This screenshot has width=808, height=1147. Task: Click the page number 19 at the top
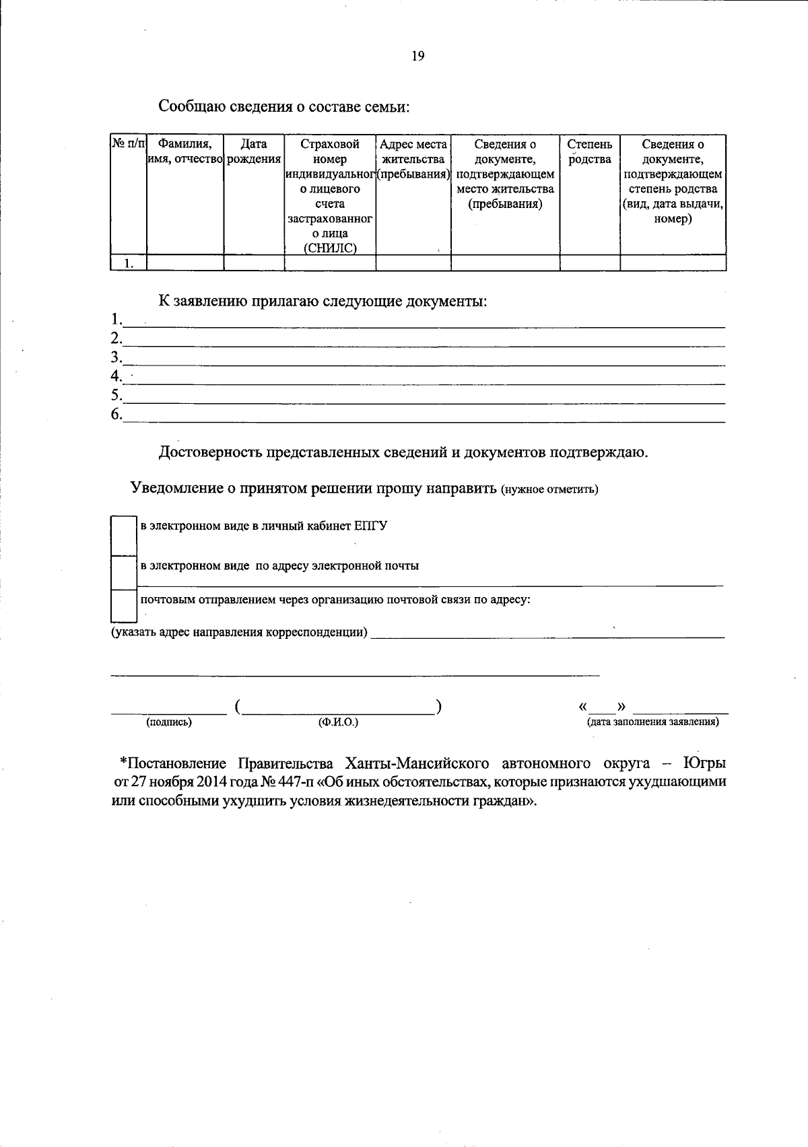click(417, 57)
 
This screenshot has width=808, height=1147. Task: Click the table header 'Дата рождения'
click(254, 151)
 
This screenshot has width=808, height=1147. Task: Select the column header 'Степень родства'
click(589, 151)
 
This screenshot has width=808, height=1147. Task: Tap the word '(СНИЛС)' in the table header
click(329, 248)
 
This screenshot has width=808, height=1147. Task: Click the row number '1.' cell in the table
click(129, 263)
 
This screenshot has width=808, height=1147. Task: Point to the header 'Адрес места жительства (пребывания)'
click(413, 160)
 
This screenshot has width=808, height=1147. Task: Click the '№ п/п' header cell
click(128, 143)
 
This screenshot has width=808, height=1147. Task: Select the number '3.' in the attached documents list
click(116, 357)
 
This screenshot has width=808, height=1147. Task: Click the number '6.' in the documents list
click(116, 414)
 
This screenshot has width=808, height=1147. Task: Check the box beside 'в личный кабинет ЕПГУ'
click(124, 535)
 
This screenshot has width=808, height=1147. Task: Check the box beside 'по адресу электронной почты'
click(124, 572)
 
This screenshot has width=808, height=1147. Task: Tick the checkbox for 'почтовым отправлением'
click(124, 605)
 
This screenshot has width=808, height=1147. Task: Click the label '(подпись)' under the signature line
click(168, 722)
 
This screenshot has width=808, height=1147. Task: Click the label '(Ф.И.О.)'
click(338, 722)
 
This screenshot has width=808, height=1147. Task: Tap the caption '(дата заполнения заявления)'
click(652, 722)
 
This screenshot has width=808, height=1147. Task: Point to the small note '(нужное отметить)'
click(549, 489)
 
